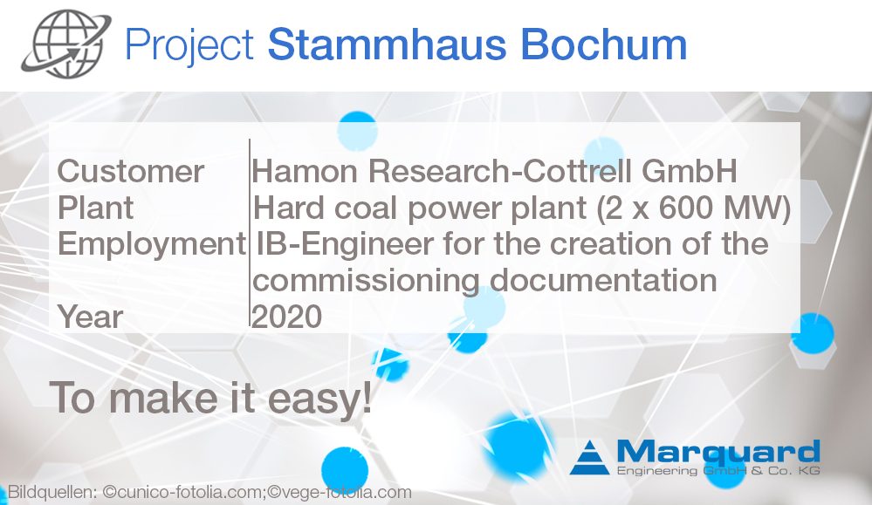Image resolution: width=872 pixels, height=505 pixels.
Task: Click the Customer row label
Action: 130,171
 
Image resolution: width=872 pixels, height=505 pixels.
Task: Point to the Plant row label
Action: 95,208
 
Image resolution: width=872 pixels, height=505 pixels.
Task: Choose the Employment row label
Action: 152,244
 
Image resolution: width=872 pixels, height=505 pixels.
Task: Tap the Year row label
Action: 90,317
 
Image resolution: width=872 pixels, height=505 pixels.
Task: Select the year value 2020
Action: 287,317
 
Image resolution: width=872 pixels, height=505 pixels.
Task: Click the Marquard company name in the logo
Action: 718,452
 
